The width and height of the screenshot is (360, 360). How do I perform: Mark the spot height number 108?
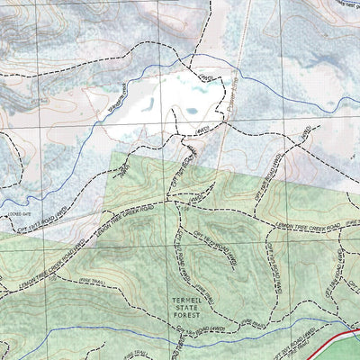point(185,209)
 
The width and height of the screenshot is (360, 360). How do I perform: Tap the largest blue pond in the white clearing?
point(191,112)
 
